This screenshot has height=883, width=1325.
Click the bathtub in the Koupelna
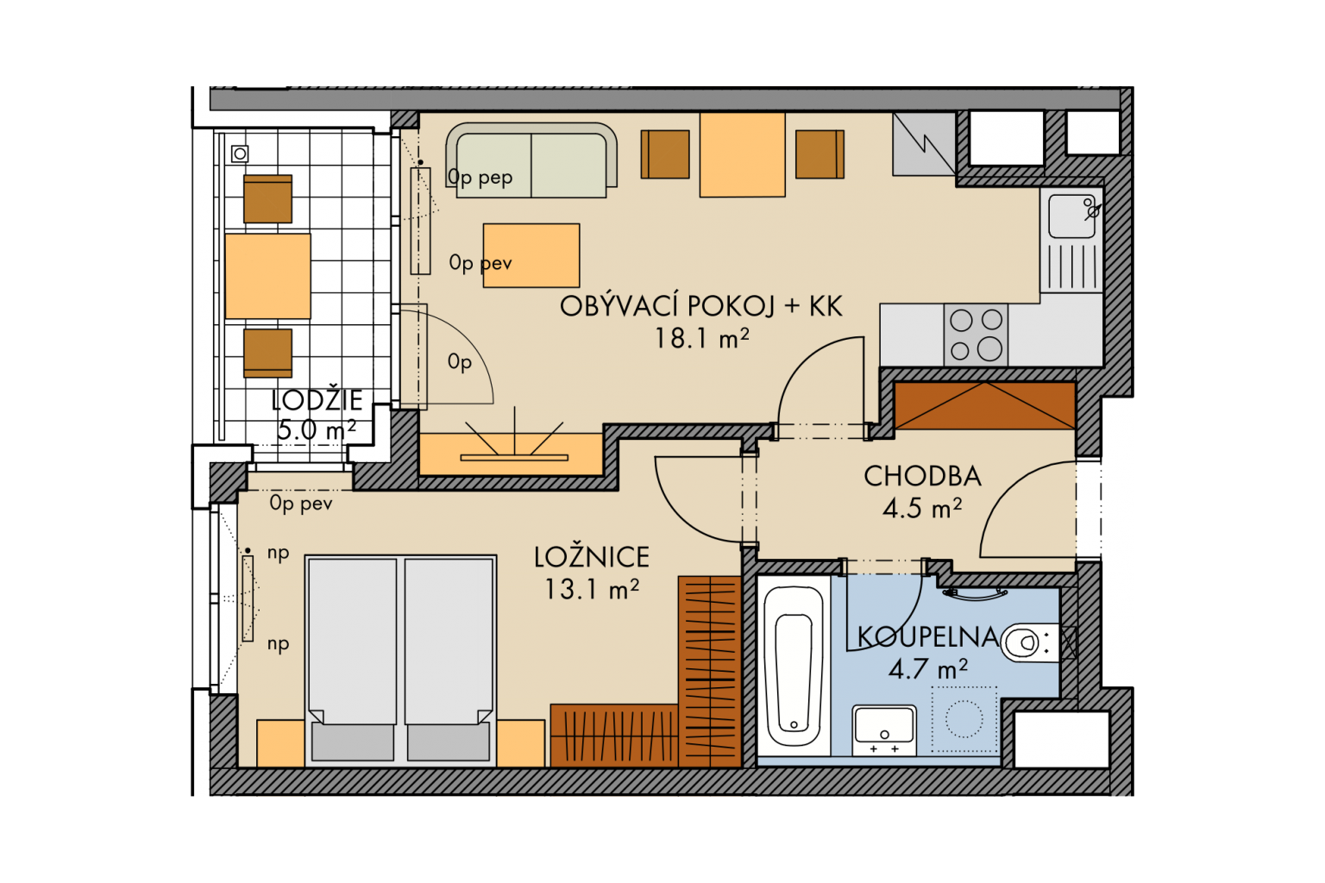(x=794, y=666)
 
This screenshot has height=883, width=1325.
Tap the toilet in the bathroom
(x=1030, y=642)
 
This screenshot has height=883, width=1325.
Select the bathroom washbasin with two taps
(x=884, y=730)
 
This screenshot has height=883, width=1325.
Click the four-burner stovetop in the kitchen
(x=976, y=335)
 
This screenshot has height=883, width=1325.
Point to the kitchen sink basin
(x=1071, y=216)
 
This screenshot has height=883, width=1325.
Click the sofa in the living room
(x=531, y=160)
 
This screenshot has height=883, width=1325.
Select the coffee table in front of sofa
(x=531, y=255)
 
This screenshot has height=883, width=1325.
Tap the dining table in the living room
(x=743, y=154)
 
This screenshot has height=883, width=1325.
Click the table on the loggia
(x=268, y=276)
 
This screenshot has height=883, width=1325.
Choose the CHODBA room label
(x=922, y=477)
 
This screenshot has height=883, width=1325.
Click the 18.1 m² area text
(x=701, y=339)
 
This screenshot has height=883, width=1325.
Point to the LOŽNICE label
(x=592, y=558)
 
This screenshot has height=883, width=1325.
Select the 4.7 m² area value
(x=928, y=669)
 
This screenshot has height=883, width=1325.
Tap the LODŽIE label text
(x=317, y=401)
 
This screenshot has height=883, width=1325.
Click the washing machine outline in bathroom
(x=964, y=719)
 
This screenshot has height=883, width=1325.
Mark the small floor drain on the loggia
(x=240, y=153)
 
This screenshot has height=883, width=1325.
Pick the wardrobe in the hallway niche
(x=985, y=406)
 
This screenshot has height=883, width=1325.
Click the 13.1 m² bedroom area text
(x=592, y=590)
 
